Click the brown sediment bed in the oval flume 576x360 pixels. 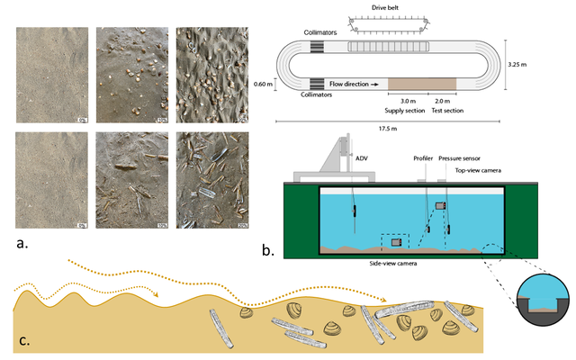click(x=422, y=84)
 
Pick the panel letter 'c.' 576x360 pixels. click(x=21, y=342)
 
